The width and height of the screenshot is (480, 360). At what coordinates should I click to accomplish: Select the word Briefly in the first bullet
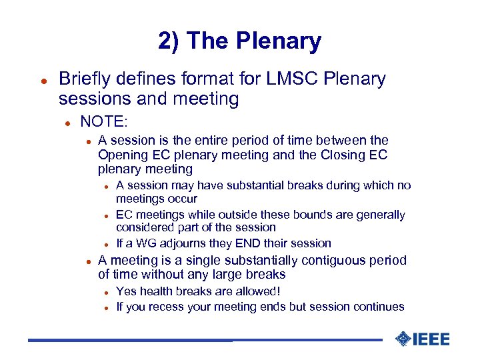point(85,79)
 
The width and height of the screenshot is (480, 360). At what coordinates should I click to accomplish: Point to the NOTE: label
point(103,121)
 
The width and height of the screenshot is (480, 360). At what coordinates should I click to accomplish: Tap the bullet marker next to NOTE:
point(67,122)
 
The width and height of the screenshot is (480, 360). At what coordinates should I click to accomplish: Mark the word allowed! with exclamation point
point(257,291)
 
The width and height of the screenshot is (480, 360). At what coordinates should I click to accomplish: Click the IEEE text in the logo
point(431,339)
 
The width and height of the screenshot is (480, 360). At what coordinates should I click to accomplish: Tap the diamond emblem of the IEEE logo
point(403,339)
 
